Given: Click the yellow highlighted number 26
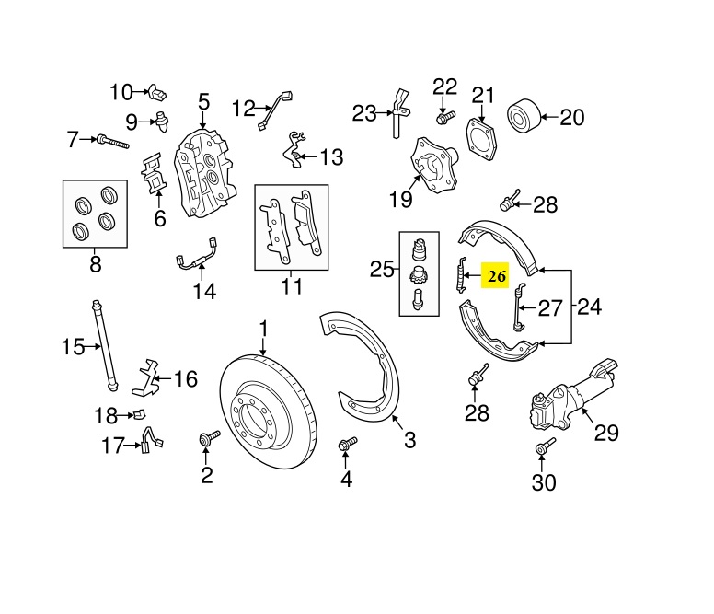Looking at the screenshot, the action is tap(496, 275).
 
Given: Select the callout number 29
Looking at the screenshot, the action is tap(606, 433).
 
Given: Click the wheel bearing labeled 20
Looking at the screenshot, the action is tap(524, 116).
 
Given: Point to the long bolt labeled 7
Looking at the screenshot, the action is tap(113, 141).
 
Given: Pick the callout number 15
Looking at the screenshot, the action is tap(73, 347).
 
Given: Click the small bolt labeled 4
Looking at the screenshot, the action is tap(348, 444).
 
